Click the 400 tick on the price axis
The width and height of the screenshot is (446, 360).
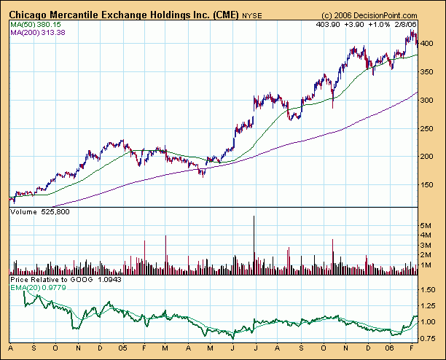(429, 44)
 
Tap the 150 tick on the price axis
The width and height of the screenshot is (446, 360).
(429, 184)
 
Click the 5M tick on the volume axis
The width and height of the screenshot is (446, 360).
(428, 226)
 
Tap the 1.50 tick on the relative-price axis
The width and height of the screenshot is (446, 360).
(429, 289)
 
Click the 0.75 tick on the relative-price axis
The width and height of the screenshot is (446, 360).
(429, 338)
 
